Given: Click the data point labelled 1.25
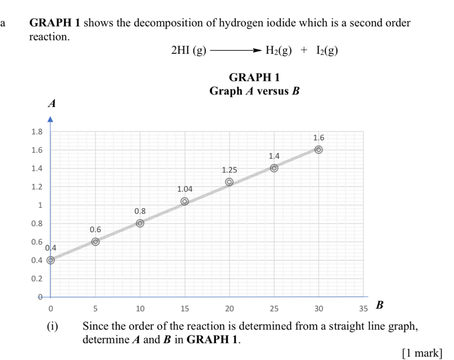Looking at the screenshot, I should (x=229, y=182).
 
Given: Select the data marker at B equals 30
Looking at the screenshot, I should (x=318, y=150).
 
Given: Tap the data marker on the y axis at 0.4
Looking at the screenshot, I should (x=51, y=260).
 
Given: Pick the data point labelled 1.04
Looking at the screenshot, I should (x=185, y=201).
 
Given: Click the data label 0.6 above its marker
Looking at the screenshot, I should (x=95, y=230).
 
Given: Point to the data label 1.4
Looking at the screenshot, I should (x=274, y=156).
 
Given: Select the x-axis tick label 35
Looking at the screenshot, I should (x=363, y=308).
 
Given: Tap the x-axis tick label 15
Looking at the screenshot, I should (x=185, y=308).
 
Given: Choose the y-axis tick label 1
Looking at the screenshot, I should (x=40, y=205).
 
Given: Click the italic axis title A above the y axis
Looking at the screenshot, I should (x=52, y=104).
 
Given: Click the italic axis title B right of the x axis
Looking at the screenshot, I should (x=379, y=305).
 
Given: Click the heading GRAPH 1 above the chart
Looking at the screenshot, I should (x=255, y=78).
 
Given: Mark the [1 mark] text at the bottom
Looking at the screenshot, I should (x=422, y=352).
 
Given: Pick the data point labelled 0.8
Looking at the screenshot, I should (x=140, y=223).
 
